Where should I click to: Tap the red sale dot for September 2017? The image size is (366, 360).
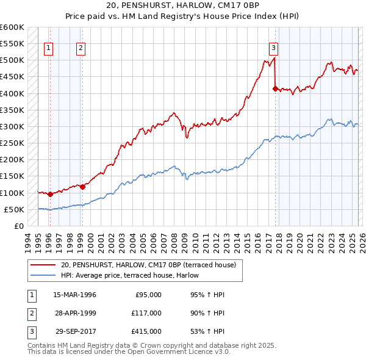(x=275, y=88)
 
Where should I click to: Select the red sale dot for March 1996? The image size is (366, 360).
(x=50, y=195)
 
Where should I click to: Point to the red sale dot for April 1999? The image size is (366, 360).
(x=82, y=187)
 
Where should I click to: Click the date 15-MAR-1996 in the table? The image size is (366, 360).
(x=74, y=295)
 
